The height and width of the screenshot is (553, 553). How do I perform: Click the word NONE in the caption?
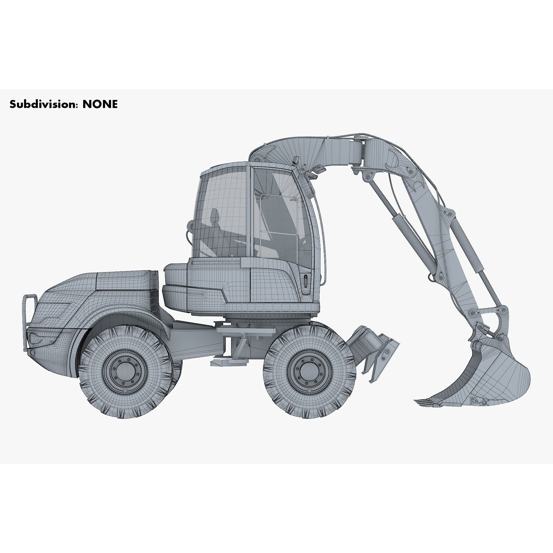tap(100, 104)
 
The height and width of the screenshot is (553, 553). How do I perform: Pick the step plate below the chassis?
tap(229, 363)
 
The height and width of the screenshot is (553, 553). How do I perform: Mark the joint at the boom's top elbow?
tap(358, 152)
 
